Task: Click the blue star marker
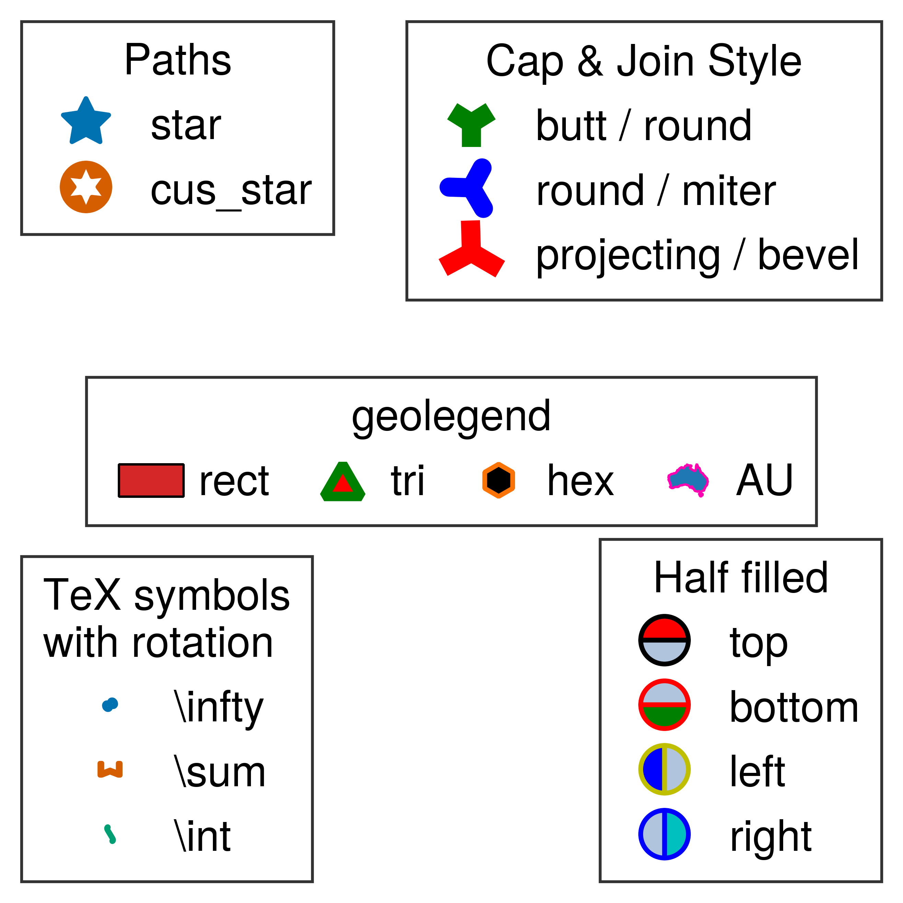pos(86,122)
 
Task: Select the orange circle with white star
pos(86,187)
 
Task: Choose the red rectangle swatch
pos(151,480)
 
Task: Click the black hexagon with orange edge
pos(499,480)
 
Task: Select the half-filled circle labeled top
pos(664,640)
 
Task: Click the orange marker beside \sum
pos(110,769)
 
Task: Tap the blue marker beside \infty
pos(110,704)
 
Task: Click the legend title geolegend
pos(451,416)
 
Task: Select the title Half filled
pos(741,578)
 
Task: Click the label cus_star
pos(231,191)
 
